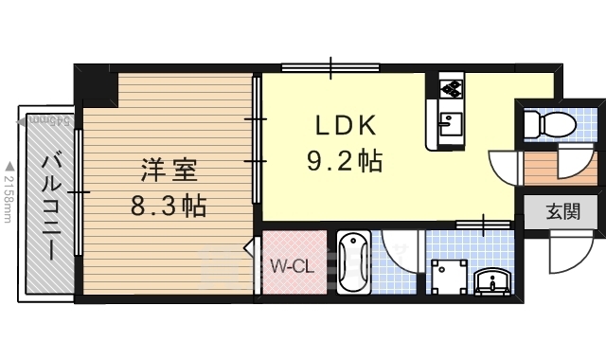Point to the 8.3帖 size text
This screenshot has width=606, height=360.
click(169, 205)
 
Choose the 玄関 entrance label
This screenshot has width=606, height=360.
click(564, 212)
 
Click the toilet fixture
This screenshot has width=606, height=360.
click(548, 123)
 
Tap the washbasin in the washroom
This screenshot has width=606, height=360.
click(490, 280)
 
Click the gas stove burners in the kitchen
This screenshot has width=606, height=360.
click(451, 88)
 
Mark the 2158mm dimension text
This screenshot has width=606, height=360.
click(9, 204)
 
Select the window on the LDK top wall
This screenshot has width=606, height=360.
click(330, 67)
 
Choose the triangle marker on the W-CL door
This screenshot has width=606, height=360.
click(249, 248)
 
